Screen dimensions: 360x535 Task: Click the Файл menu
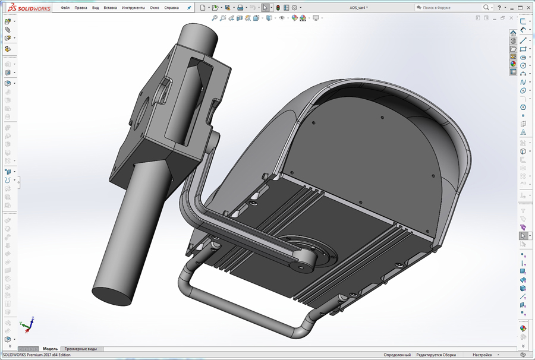pyautogui.click(x=65, y=8)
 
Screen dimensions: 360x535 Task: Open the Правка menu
pyautogui.click(x=81, y=8)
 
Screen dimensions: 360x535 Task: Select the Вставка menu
pyautogui.click(x=110, y=8)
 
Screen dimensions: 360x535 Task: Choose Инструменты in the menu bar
pyautogui.click(x=133, y=8)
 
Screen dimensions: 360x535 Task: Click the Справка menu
pyautogui.click(x=171, y=8)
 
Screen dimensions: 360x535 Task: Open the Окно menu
pyautogui.click(x=154, y=8)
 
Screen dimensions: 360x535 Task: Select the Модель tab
pyautogui.click(x=50, y=349)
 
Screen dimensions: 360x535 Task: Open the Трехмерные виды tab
pyautogui.click(x=80, y=349)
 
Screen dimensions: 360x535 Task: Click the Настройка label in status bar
pyautogui.click(x=482, y=355)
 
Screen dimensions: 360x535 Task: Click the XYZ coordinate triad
pyautogui.click(x=26, y=324)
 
